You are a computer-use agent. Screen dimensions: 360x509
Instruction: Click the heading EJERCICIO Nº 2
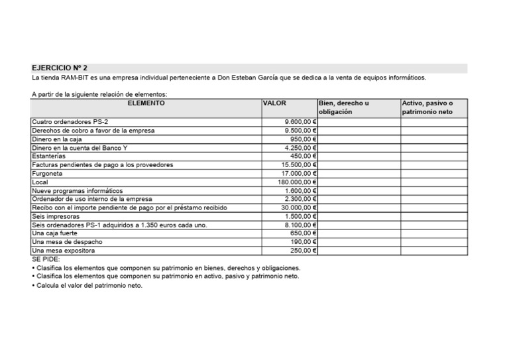click(59, 68)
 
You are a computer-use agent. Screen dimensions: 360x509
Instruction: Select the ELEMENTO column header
click(146, 104)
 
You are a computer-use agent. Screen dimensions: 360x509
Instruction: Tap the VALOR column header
click(274, 104)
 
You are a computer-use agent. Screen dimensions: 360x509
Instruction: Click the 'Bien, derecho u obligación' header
click(344, 108)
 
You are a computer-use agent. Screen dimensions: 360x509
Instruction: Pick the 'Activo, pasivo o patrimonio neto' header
click(427, 108)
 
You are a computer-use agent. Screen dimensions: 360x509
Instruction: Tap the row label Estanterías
click(53, 156)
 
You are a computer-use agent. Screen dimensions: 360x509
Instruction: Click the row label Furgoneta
click(47, 174)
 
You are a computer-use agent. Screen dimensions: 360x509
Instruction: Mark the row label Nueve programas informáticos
click(77, 191)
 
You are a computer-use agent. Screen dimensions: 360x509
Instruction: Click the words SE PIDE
click(46, 260)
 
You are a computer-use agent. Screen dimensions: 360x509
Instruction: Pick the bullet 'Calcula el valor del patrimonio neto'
click(88, 286)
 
